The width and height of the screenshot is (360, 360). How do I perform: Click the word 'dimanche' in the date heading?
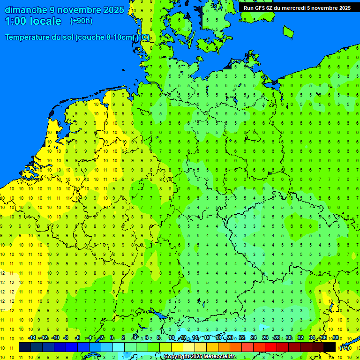click(26, 10)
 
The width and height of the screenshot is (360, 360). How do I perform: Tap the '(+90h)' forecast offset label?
click(81, 21)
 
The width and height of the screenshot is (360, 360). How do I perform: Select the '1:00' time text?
click(15, 22)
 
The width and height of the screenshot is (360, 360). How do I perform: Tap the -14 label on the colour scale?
click(32, 338)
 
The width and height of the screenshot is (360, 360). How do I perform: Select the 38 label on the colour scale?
click(336, 338)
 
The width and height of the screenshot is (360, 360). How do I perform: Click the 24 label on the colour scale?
click(254, 338)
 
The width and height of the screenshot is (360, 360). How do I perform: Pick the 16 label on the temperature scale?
click(207, 338)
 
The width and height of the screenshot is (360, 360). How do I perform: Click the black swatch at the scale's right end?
click(330, 347)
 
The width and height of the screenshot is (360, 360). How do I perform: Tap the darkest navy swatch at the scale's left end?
click(25, 347)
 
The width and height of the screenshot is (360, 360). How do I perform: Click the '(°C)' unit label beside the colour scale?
click(344, 348)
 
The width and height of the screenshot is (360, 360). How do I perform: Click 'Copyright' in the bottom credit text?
click(177, 357)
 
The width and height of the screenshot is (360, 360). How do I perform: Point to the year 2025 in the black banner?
click(343, 8)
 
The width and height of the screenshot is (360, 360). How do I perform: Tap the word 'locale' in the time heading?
click(45, 22)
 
